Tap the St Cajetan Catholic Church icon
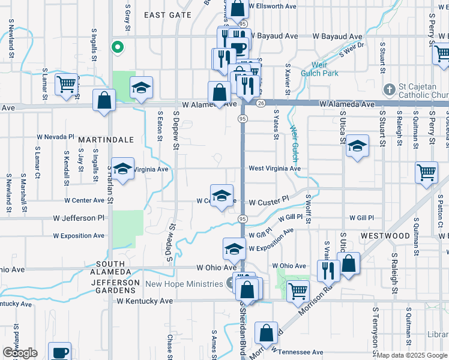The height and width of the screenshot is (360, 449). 389,90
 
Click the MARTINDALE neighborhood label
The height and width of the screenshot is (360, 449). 106,139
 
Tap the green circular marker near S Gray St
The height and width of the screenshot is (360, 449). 118,46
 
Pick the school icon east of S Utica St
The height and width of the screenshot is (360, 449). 357,146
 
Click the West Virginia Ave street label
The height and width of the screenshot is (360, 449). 274,169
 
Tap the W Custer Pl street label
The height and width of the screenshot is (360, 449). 269,203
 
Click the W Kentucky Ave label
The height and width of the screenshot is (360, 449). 145,301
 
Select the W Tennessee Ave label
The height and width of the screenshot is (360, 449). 297,352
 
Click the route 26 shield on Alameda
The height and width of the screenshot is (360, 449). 260,103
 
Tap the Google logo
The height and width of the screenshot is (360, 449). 20,353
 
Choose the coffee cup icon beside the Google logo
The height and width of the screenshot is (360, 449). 59,352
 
